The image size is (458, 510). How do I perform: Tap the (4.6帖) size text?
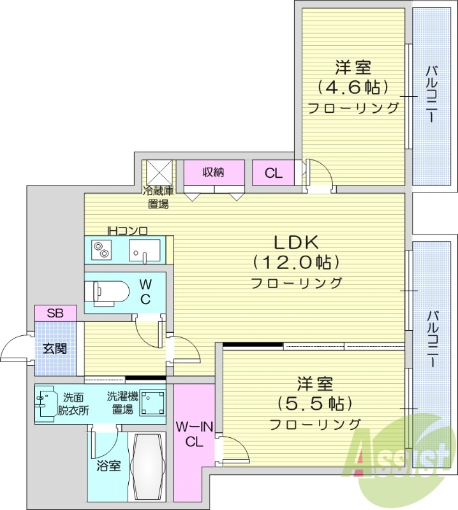coord(353,87)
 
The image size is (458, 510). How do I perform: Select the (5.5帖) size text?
coord(314,404)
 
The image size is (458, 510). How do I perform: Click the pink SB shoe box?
coord(55,313)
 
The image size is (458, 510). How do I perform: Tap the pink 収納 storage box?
coord(214,172)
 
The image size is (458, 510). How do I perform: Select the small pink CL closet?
coord(273,173)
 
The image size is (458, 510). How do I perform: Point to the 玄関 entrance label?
coord(55,349)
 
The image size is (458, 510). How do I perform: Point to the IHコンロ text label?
coord(127,230)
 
